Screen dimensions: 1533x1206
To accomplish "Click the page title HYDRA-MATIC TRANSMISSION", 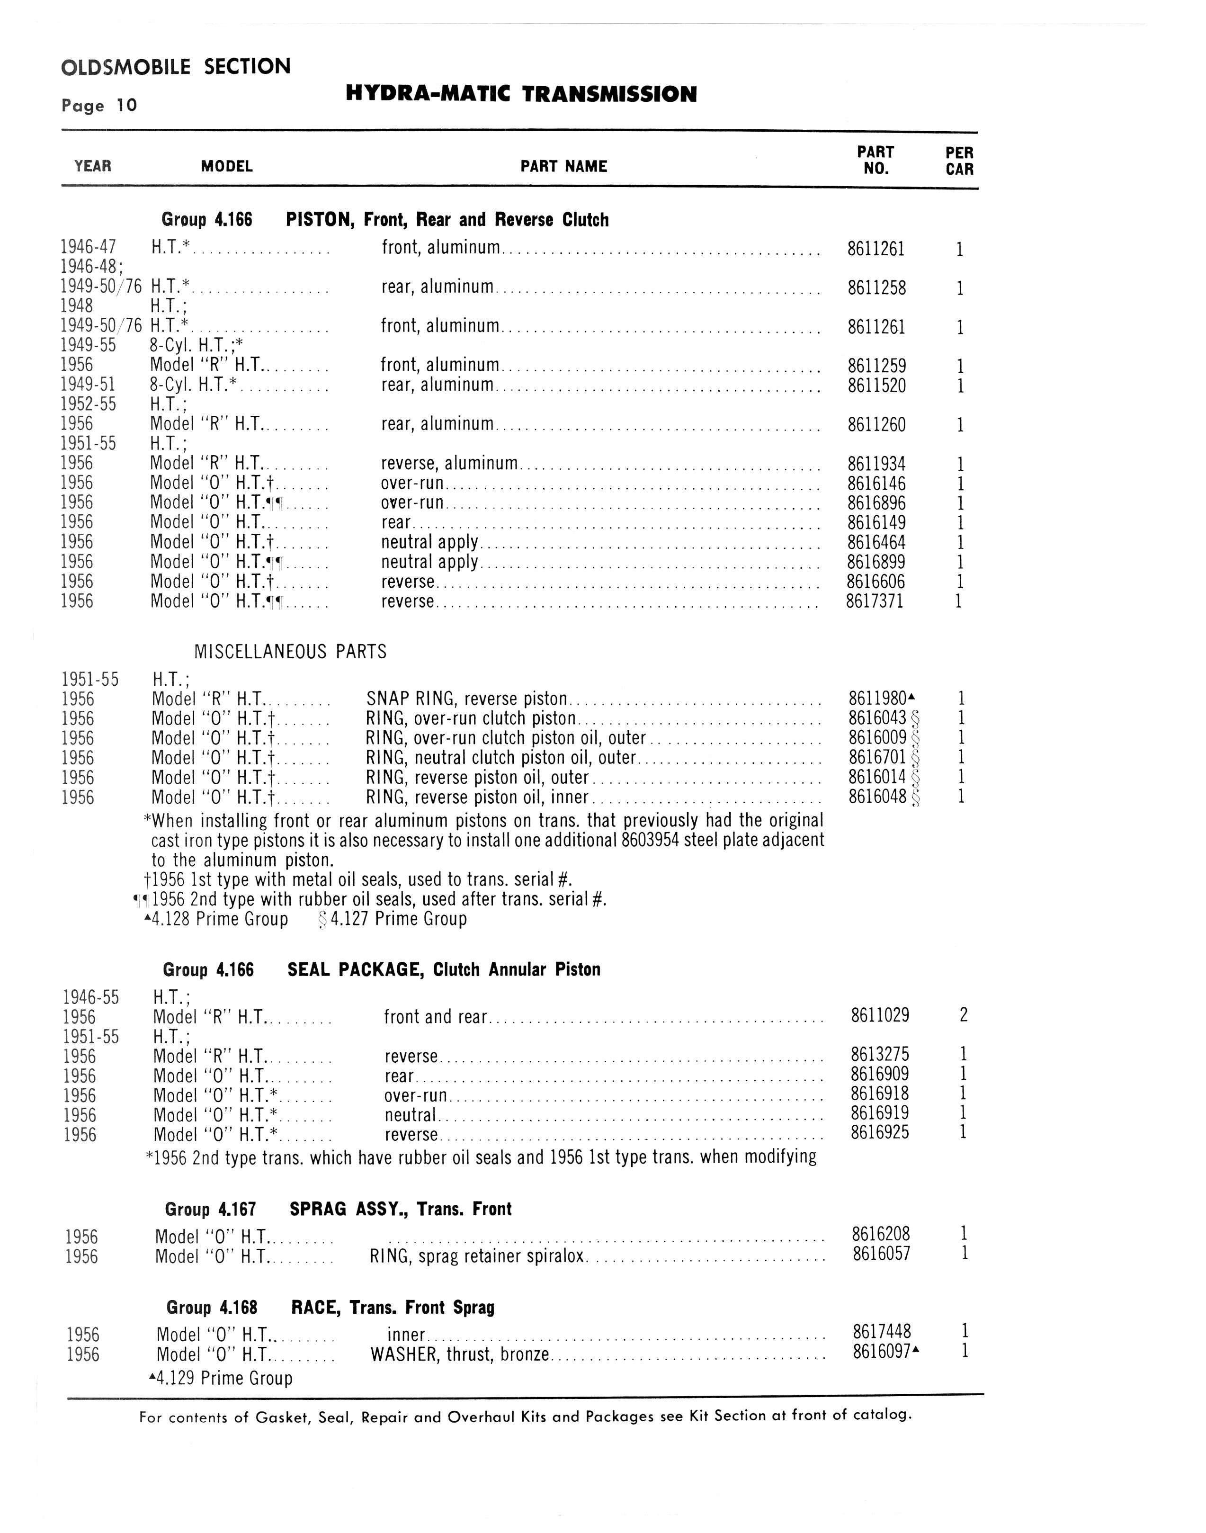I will pos(521,94).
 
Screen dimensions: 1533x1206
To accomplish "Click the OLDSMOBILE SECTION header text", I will pos(176,67).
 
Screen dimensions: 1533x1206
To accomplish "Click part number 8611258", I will pos(876,288).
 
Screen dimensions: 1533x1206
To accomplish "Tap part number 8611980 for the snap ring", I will pos(877,699).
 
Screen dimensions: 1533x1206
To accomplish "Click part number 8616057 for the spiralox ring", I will pos(881,1254).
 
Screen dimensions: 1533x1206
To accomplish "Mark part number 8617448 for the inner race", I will pos(882,1331).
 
